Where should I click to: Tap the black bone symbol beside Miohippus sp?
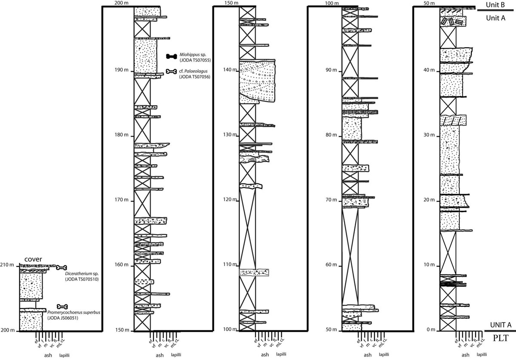(x=172, y=56)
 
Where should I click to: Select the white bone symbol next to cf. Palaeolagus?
(x=172, y=71)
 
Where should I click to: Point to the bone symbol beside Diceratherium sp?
(x=62, y=268)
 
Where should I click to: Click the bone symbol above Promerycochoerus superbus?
(x=63, y=306)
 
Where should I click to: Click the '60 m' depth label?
(x=331, y=265)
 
